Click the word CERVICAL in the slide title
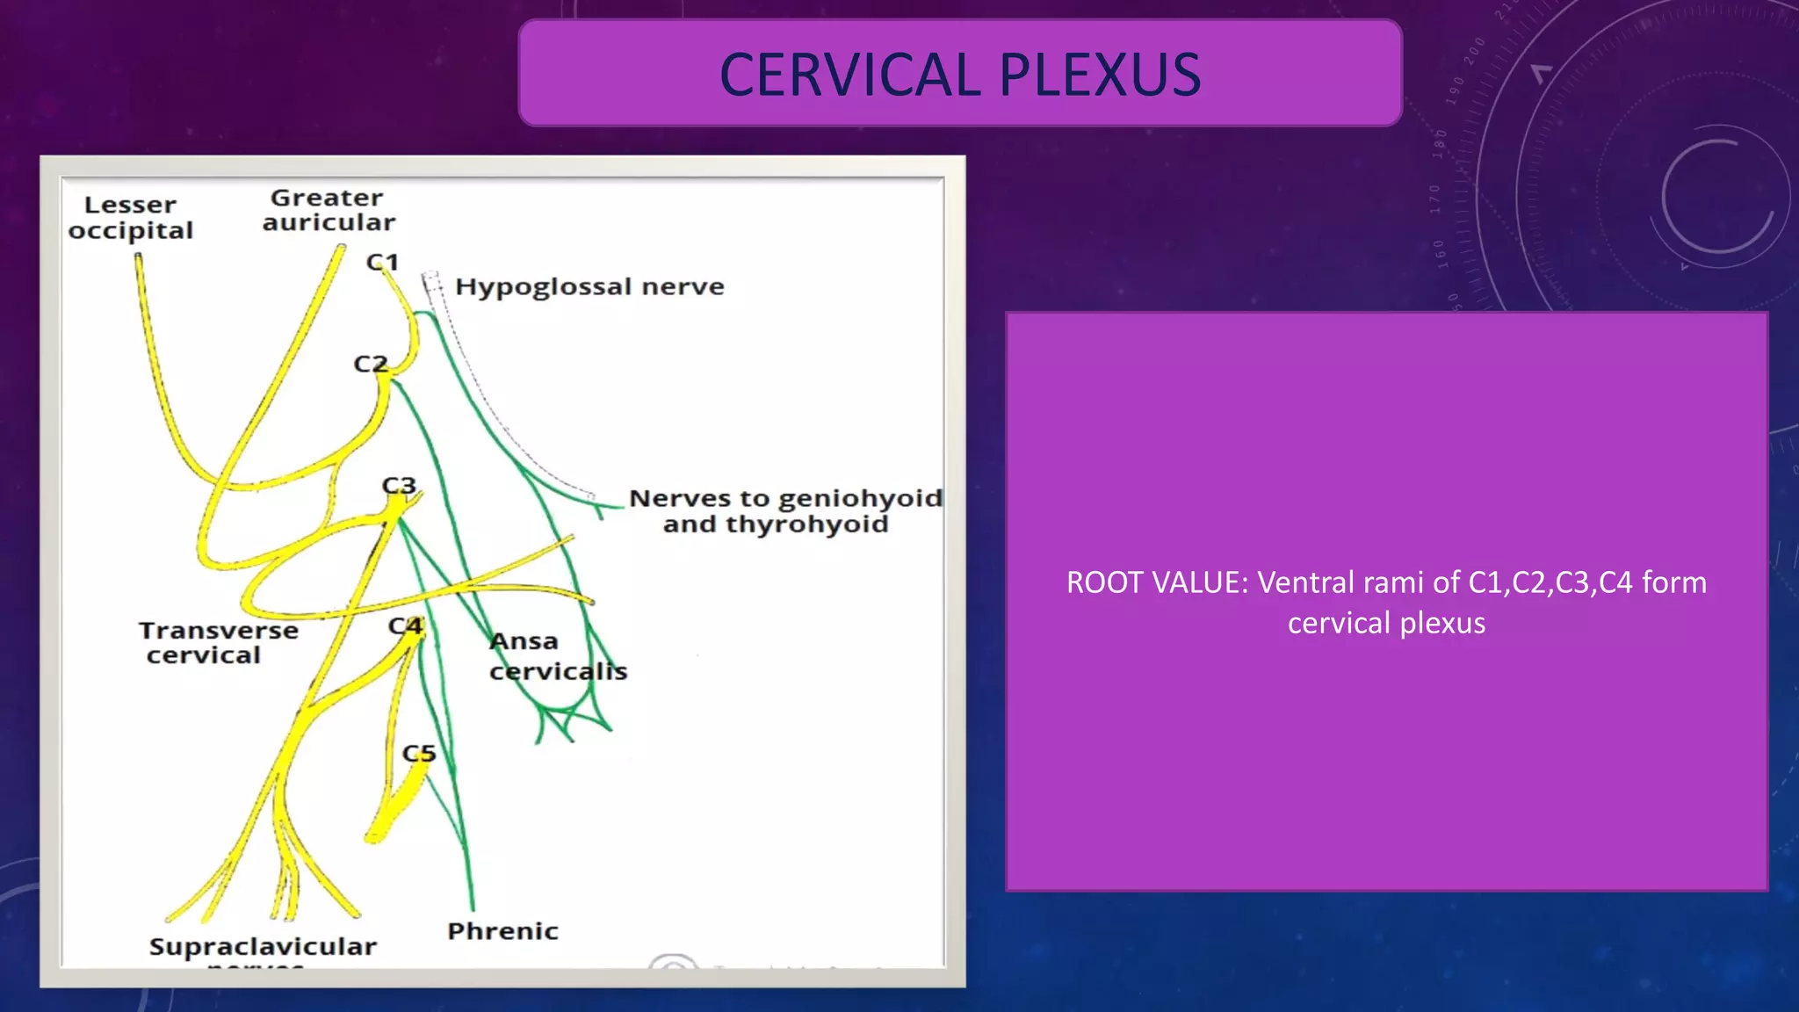click(849, 75)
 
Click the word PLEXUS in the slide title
click(1100, 75)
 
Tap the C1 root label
click(383, 262)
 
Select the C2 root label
click(370, 364)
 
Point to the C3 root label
click(399, 485)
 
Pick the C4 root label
click(406, 626)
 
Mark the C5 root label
click(419, 754)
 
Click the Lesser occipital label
click(131, 218)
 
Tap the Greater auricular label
click(329, 210)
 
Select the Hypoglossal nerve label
click(589, 287)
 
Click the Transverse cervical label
click(218, 643)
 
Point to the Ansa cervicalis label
click(558, 656)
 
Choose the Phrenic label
click(502, 931)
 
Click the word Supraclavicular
click(263, 947)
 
